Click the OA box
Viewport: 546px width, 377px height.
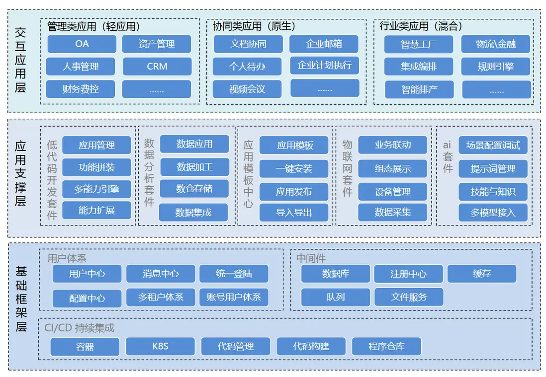(x=82, y=44)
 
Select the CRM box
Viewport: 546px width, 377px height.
(x=157, y=66)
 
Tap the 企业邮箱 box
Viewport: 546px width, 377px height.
(x=324, y=44)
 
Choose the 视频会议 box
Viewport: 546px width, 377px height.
(x=247, y=89)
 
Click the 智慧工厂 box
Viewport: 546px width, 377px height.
(x=419, y=44)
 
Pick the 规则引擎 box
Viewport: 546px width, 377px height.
(x=496, y=66)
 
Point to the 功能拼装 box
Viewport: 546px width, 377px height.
(x=96, y=167)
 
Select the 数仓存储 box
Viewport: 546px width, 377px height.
(x=194, y=189)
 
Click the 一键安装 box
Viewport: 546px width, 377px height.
(x=294, y=169)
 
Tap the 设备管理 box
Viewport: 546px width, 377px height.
(x=392, y=192)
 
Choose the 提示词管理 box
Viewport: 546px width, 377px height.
(x=493, y=169)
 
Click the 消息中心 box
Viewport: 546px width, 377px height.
(x=161, y=273)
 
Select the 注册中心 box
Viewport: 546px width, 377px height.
(x=408, y=273)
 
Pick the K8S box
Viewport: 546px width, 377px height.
(x=160, y=346)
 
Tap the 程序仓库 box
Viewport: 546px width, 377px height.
(x=386, y=346)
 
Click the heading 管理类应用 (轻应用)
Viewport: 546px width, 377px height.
(x=93, y=26)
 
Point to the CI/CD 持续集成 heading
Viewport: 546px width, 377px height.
(x=80, y=328)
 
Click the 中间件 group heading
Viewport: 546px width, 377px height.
(x=311, y=258)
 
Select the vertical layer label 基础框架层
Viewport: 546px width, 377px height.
(x=21, y=299)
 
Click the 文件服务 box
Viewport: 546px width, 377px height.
(x=409, y=297)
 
